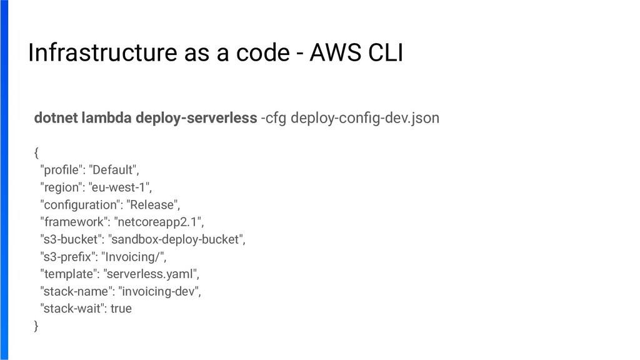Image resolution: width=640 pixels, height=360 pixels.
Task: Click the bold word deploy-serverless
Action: [196, 117]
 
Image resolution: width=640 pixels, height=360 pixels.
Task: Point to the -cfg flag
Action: [274, 117]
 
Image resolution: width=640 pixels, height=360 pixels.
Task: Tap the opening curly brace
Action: [36, 152]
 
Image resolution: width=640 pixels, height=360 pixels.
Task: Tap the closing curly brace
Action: [36, 326]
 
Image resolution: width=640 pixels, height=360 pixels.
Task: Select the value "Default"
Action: [114, 169]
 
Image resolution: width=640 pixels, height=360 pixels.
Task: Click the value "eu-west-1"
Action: [121, 187]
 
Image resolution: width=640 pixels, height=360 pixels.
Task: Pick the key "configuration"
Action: [79, 204]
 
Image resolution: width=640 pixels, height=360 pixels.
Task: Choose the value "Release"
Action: [153, 204]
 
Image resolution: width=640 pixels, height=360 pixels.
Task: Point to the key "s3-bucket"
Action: [70, 239]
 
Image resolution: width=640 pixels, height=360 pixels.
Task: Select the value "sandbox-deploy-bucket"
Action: [177, 239]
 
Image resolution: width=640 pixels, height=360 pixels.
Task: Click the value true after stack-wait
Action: [121, 309]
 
